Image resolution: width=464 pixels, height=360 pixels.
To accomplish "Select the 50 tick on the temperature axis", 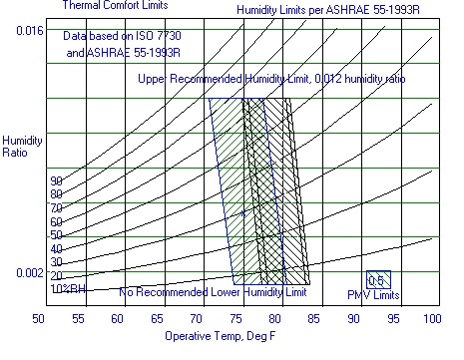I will pos(39,319).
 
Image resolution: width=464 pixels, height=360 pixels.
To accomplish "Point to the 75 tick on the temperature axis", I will pos(235,319).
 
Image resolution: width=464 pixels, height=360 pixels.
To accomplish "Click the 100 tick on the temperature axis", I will pos(431,319).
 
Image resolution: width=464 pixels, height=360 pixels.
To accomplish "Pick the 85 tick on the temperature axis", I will pos(314,319).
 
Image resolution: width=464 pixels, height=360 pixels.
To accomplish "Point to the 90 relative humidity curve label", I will pos(56,180).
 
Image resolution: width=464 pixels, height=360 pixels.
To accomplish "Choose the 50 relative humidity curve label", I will pos(56,234).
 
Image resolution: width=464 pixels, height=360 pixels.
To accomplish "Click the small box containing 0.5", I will pos(376,280).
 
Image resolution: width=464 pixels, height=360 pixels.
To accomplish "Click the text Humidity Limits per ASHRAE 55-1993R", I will pos(327,10).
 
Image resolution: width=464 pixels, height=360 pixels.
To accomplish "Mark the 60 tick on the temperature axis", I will pos(117,319).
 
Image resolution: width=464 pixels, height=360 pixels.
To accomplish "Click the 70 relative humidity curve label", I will pos(56,207).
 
